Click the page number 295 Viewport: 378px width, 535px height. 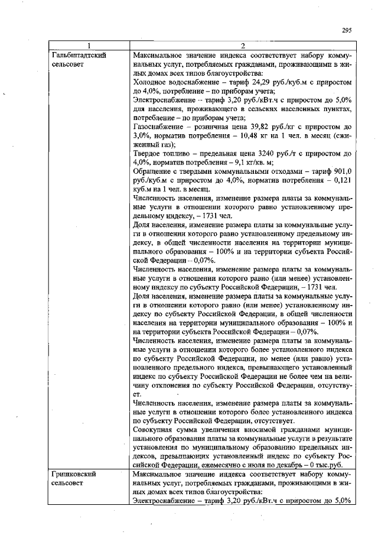pos(347,31)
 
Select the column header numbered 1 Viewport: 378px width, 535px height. pos(89,46)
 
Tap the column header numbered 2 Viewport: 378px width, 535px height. pos(243,46)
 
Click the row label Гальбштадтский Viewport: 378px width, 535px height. pos(79,54)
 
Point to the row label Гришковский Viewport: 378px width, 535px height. pos(74,474)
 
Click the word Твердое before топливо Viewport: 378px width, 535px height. pos(148,153)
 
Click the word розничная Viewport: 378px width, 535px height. pos(219,127)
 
